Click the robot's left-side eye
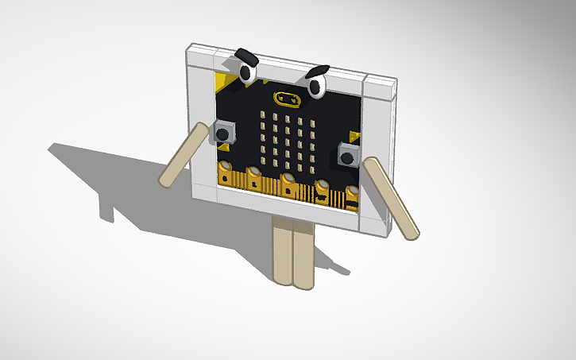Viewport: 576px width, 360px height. (x=246, y=73)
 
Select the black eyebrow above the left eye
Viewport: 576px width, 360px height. (x=246, y=56)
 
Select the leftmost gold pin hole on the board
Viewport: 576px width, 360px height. (x=226, y=168)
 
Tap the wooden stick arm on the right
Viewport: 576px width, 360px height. (x=392, y=198)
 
